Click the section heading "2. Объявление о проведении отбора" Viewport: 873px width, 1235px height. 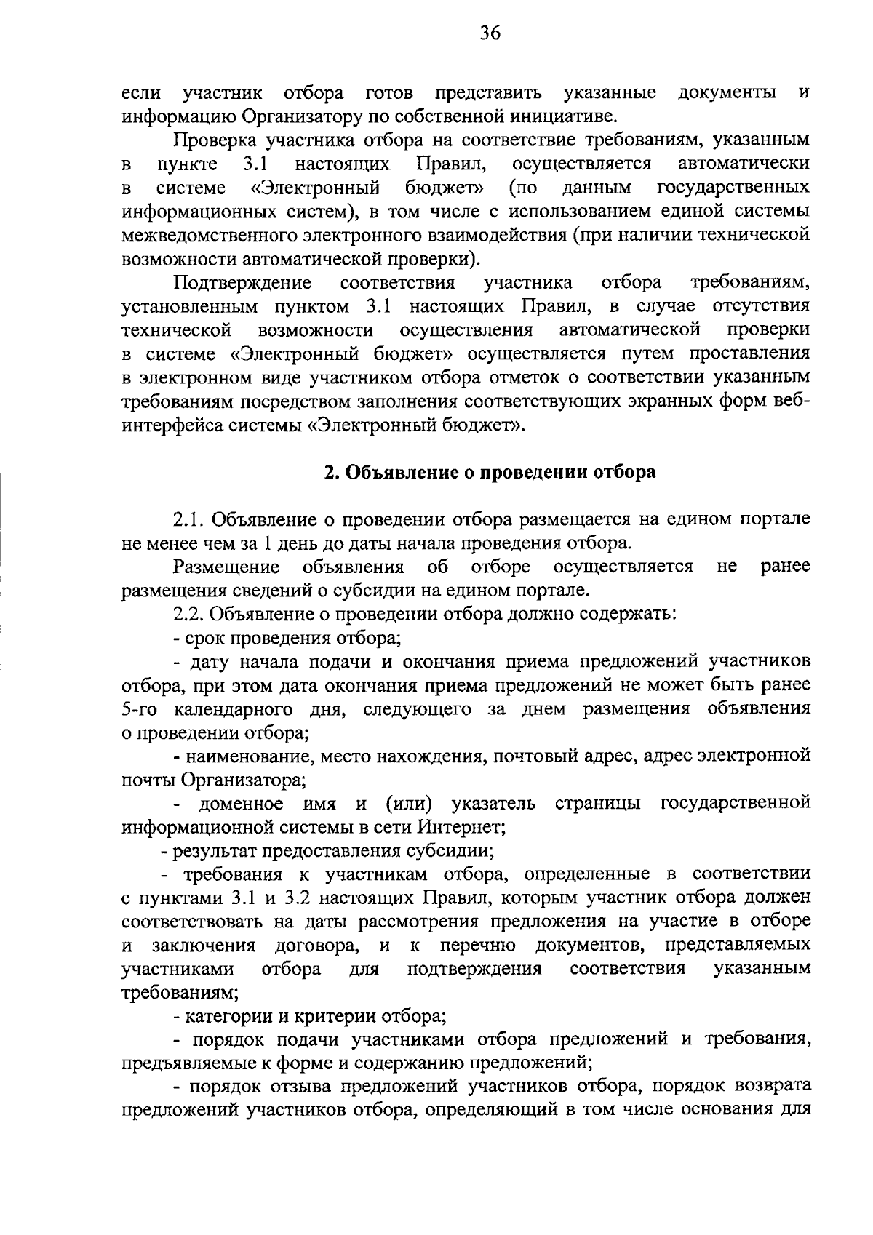(490, 472)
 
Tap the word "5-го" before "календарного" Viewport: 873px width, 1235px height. (138, 709)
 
